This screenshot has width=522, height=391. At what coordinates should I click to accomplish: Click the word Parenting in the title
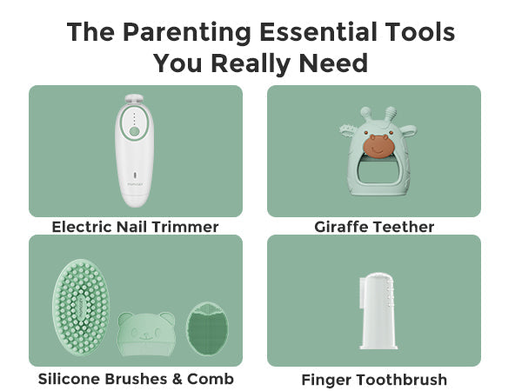[x=187, y=33]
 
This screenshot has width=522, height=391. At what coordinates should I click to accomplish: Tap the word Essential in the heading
[x=318, y=31]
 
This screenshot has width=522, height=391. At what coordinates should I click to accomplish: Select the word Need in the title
[x=333, y=63]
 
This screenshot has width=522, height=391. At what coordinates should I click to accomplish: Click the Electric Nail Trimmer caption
[x=135, y=227]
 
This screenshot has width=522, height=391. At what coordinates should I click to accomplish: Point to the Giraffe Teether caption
[x=374, y=227]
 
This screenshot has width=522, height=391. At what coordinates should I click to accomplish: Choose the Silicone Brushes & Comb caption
[x=136, y=379]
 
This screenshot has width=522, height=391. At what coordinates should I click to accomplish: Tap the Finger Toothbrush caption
[x=374, y=380]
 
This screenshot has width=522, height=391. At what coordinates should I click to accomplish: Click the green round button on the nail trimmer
[x=134, y=131]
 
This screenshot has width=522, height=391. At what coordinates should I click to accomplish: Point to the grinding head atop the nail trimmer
[x=134, y=99]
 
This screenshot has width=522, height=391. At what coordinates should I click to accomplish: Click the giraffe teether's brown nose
[x=377, y=146]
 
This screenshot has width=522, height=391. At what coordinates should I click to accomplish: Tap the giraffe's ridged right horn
[x=391, y=115]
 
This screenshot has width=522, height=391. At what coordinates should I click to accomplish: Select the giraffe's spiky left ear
[x=349, y=130]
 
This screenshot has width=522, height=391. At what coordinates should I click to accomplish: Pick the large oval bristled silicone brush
[x=81, y=307]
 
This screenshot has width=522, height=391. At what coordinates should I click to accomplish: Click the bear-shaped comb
[x=146, y=334]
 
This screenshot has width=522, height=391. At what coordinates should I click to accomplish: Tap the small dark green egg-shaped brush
[x=207, y=328]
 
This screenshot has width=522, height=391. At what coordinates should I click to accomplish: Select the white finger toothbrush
[x=378, y=311]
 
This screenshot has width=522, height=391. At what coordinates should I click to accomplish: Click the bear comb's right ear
[x=167, y=318]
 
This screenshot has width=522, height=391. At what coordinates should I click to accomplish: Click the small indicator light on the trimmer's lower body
[x=135, y=175]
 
